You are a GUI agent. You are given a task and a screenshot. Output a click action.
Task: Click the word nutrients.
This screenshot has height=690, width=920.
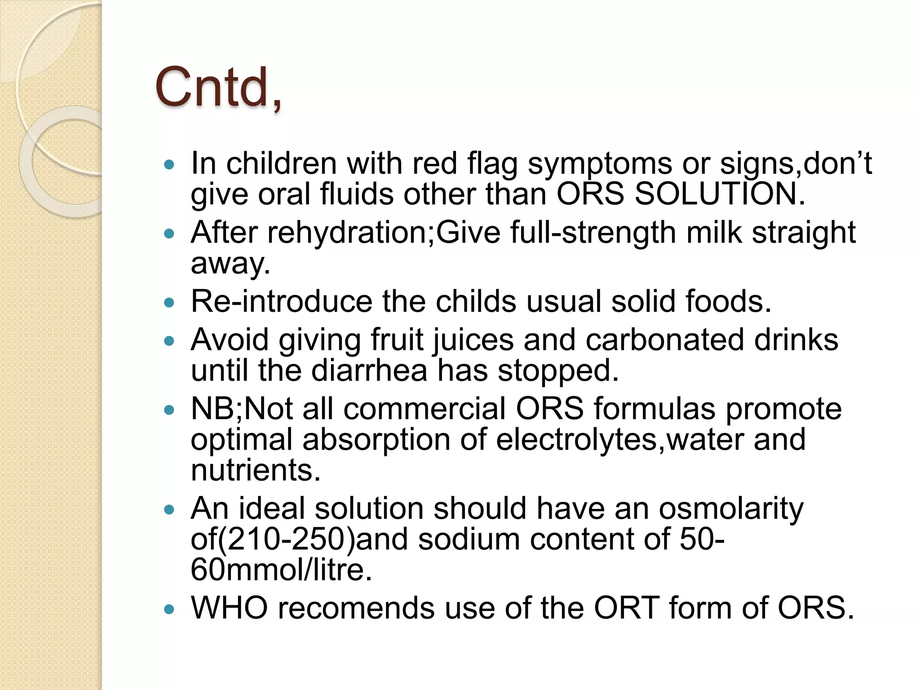(256, 470)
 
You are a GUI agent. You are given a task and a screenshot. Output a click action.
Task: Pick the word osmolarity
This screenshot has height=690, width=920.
(731, 509)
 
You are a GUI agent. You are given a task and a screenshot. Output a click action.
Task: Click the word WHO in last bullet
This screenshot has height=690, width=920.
(229, 608)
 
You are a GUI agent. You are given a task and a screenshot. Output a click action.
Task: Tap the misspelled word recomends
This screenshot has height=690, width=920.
(356, 608)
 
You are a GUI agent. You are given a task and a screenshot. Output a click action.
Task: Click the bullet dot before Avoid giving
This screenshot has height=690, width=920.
(169, 341)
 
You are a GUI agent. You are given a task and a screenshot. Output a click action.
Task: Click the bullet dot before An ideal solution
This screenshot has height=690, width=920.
(169, 510)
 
